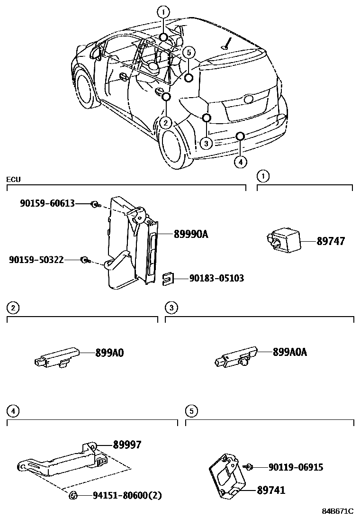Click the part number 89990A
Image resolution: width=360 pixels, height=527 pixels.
pyautogui.click(x=191, y=234)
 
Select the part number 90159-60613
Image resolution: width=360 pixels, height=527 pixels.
pyautogui.click(x=47, y=203)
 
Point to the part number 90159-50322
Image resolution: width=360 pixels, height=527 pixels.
pyautogui.click(x=36, y=259)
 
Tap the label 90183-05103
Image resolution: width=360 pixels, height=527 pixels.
pyautogui.click(x=216, y=278)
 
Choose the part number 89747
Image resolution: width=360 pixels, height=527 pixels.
pyautogui.click(x=331, y=241)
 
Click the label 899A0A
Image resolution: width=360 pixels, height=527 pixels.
pyautogui.click(x=290, y=352)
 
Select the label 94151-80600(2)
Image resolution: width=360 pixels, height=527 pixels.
pyautogui.click(x=127, y=496)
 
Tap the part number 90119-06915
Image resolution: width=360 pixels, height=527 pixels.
pyautogui.click(x=289, y=467)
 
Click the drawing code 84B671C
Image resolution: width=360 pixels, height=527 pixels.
pyautogui.click(x=338, y=511)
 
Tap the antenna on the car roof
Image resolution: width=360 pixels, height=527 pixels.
pyautogui.click(x=228, y=43)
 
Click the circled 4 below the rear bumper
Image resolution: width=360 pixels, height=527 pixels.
pyautogui.click(x=240, y=162)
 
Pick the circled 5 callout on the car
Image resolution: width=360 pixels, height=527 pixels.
pyautogui.click(x=189, y=52)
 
